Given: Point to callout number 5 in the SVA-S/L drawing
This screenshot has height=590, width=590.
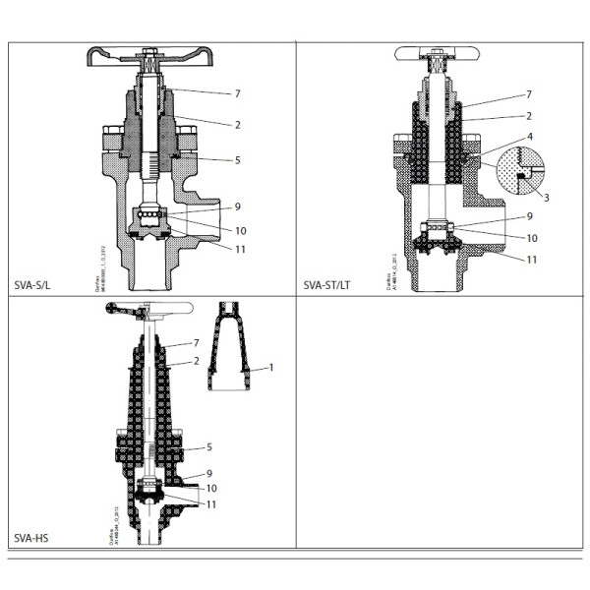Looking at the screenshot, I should [x=237, y=159].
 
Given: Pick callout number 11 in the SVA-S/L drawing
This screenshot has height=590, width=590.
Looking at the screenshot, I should [x=241, y=249].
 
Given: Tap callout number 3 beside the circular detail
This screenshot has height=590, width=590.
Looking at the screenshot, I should [x=546, y=198].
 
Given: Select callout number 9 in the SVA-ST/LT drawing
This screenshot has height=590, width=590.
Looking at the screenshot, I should [x=529, y=216].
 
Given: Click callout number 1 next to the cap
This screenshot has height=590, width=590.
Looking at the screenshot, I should [x=270, y=367].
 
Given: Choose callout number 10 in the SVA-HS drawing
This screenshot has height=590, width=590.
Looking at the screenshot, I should [x=211, y=488].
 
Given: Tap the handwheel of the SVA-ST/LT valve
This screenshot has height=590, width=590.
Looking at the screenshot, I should [x=434, y=54].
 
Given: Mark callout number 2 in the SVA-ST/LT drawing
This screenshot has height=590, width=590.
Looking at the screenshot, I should [x=529, y=115].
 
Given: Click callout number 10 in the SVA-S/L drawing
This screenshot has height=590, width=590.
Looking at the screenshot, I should [x=239, y=231].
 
